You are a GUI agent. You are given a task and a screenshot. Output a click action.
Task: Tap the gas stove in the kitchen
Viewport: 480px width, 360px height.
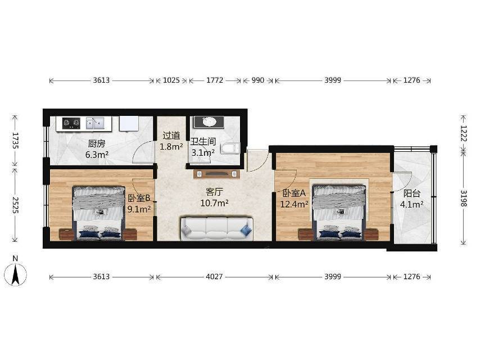click(x=71, y=124)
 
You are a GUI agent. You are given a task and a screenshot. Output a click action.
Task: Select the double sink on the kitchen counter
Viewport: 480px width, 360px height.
click(x=95, y=123)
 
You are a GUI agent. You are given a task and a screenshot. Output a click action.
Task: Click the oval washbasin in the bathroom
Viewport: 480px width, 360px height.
click(x=210, y=121)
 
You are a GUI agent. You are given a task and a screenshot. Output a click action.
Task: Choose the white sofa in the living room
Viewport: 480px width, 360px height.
click(x=217, y=229)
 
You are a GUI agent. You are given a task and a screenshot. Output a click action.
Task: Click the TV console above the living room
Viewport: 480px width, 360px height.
click(x=217, y=174)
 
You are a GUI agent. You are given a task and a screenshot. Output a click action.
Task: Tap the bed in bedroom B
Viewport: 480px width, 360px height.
click(x=98, y=213)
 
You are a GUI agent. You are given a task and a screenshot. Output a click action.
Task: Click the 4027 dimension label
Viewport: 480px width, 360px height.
click(x=214, y=277)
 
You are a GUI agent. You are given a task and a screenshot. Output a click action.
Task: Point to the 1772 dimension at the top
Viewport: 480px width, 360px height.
click(x=215, y=80)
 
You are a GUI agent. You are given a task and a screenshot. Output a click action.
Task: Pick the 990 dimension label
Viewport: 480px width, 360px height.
click(x=258, y=80)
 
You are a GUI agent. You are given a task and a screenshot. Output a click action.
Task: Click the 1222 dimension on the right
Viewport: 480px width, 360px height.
click(x=464, y=133)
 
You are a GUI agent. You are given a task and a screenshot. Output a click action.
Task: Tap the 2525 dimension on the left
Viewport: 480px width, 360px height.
click(x=15, y=205)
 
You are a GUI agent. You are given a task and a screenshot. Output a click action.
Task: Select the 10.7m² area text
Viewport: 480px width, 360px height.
click(x=214, y=203)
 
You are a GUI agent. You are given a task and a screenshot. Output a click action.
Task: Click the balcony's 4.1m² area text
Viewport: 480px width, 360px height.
click(x=412, y=204)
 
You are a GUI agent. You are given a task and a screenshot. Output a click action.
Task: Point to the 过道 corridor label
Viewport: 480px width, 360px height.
click(x=171, y=136)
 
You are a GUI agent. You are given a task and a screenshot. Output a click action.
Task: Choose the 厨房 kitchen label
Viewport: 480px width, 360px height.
click(x=97, y=143)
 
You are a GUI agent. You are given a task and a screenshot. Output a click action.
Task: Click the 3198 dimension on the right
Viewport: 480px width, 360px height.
click(x=464, y=198)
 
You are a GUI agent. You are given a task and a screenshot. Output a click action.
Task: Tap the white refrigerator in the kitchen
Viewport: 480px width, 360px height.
click(x=129, y=124)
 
